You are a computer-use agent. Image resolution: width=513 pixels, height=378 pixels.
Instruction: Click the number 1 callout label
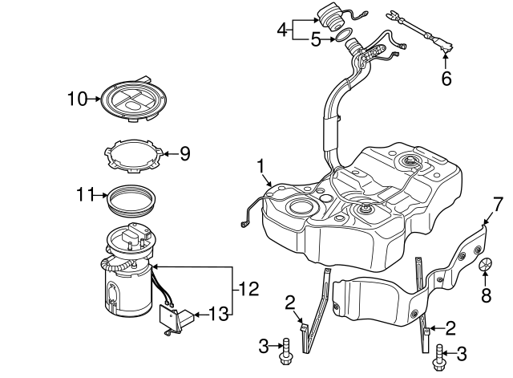click(261, 166)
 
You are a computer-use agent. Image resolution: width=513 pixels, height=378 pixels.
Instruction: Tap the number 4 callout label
click(282, 30)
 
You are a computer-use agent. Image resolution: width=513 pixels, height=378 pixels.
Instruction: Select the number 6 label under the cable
click(446, 79)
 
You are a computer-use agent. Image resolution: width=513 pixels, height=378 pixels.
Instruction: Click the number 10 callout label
click(76, 100)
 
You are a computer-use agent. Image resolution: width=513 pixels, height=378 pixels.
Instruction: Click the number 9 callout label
click(184, 152)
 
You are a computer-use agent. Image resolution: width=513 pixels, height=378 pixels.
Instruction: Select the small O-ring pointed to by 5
click(341, 36)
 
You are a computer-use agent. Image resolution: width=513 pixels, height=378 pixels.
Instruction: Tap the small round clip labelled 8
click(486, 265)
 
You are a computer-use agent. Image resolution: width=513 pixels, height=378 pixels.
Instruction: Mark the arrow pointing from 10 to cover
click(93, 100)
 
